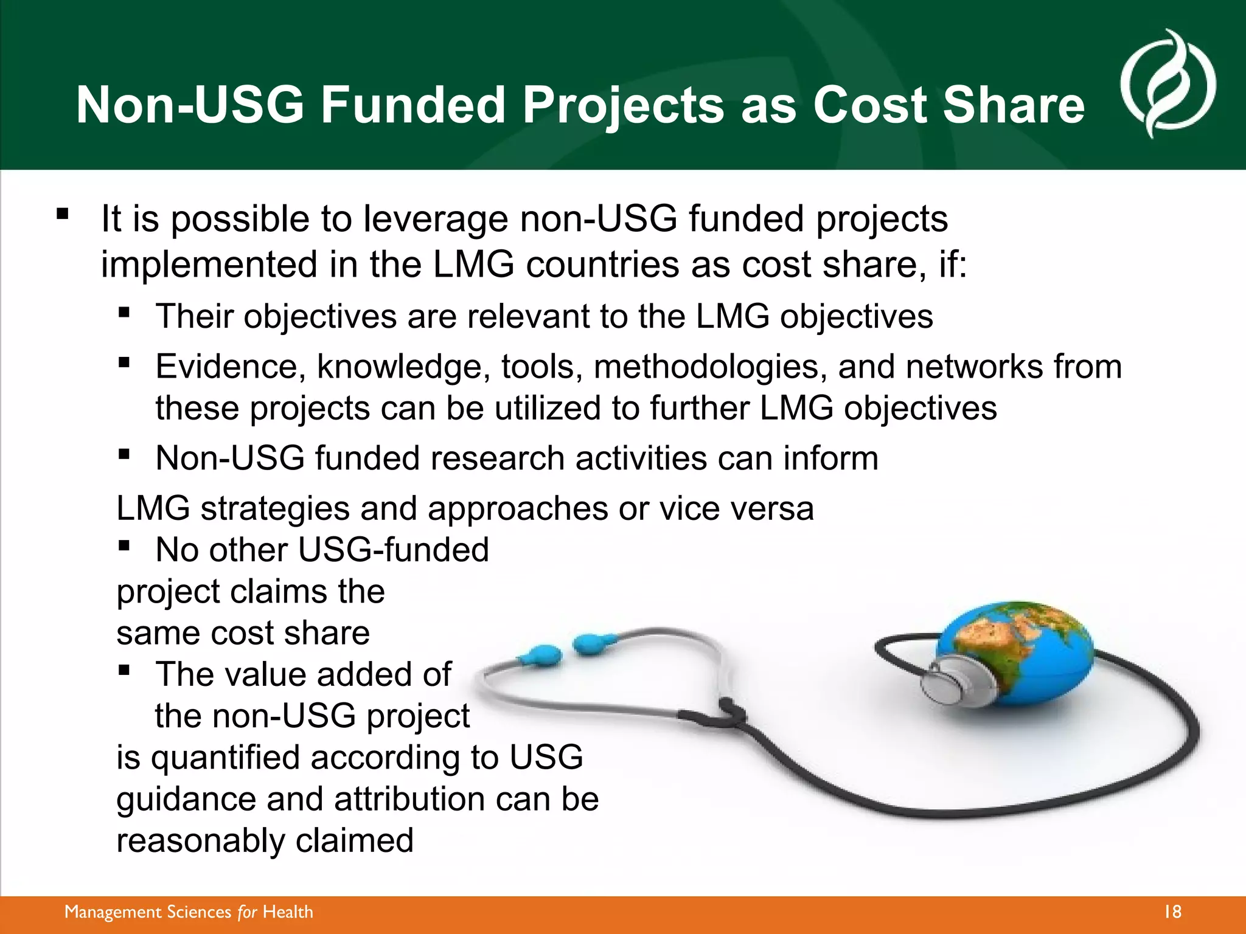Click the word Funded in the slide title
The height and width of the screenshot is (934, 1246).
click(413, 105)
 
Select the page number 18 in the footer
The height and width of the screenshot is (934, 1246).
click(1172, 912)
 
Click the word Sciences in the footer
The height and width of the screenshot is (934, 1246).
click(199, 912)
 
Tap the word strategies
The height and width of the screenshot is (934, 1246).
click(275, 508)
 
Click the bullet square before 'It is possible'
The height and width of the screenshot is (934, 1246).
click(63, 214)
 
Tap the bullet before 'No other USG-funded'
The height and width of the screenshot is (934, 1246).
click(125, 545)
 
